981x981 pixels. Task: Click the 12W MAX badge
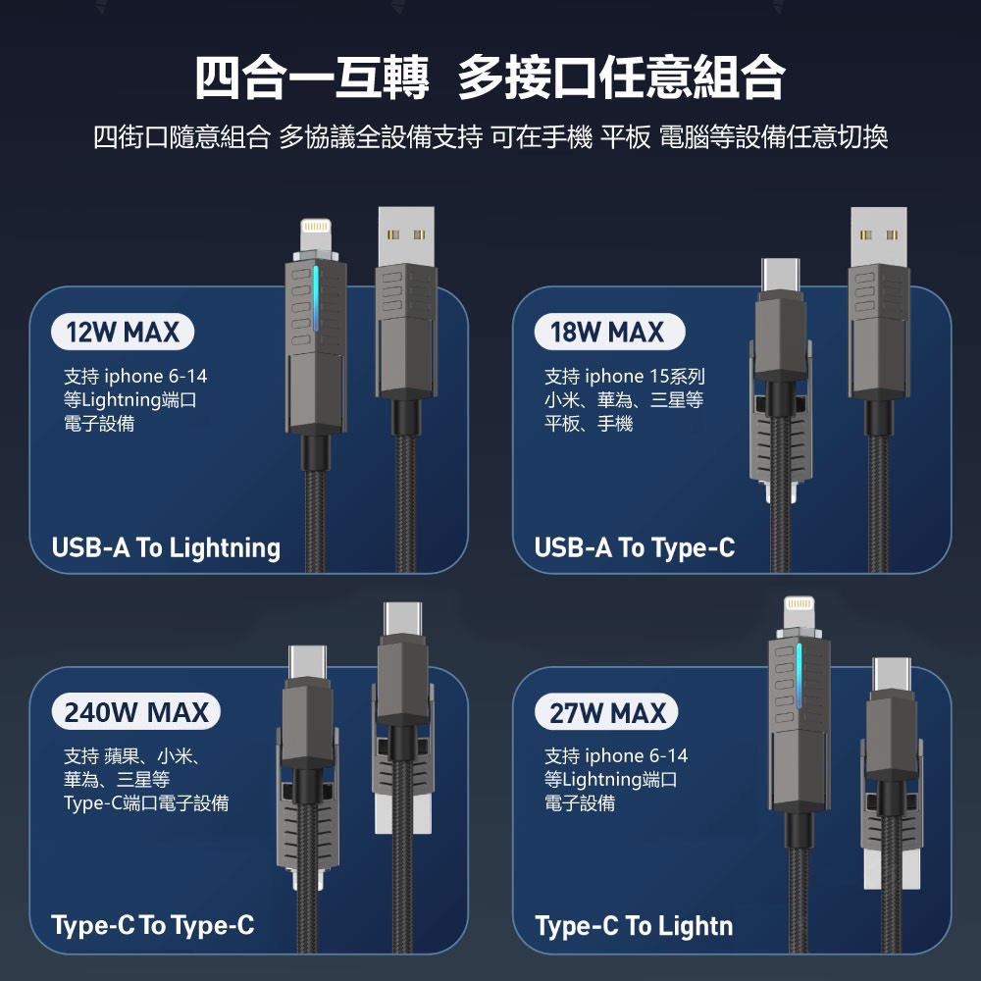[123, 332]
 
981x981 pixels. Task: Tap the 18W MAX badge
[609, 332]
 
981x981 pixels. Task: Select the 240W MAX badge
[135, 712]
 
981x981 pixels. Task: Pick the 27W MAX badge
[606, 712]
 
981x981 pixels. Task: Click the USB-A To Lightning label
[166, 547]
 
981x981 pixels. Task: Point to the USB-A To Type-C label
[635, 547]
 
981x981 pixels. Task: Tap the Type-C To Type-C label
[153, 925]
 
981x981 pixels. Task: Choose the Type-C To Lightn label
[634, 926]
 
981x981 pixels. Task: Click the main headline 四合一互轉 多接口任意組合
[490, 77]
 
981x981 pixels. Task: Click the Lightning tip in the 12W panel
[315, 235]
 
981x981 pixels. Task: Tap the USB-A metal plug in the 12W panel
[406, 235]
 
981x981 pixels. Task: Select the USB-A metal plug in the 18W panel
[878, 235]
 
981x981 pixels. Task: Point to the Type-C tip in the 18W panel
[780, 275]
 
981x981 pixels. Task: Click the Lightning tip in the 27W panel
[799, 614]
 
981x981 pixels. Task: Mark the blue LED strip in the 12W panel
[316, 298]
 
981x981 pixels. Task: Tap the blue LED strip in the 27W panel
[799, 676]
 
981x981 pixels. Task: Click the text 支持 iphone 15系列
[624, 376]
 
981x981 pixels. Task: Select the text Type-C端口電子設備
[146, 802]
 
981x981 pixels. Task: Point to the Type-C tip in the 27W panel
[892, 675]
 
